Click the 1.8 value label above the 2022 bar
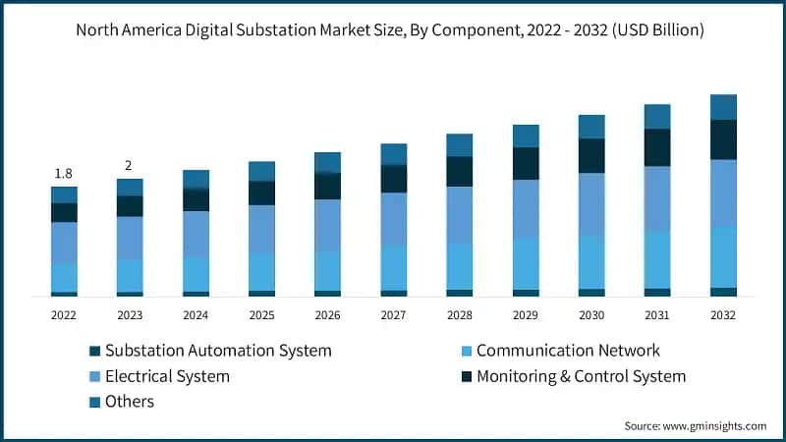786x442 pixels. tap(64, 173)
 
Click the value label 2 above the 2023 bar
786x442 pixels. tap(129, 165)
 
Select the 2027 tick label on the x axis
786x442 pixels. tap(393, 315)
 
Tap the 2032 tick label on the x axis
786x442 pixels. tap(723, 315)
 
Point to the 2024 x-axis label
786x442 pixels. tap(196, 315)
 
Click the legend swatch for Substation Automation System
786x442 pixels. tap(94, 351)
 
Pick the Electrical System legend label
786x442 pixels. tap(167, 376)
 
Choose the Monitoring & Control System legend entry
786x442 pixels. tap(581, 376)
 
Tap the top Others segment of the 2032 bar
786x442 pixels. tap(723, 107)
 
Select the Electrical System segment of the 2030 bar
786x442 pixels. tap(591, 203)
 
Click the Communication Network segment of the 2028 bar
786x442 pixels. tap(459, 265)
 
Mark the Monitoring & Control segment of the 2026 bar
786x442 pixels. tap(327, 186)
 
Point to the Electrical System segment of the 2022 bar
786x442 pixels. tap(64, 243)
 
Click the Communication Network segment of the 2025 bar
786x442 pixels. tap(261, 271)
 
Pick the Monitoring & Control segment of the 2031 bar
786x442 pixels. tap(657, 147)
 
